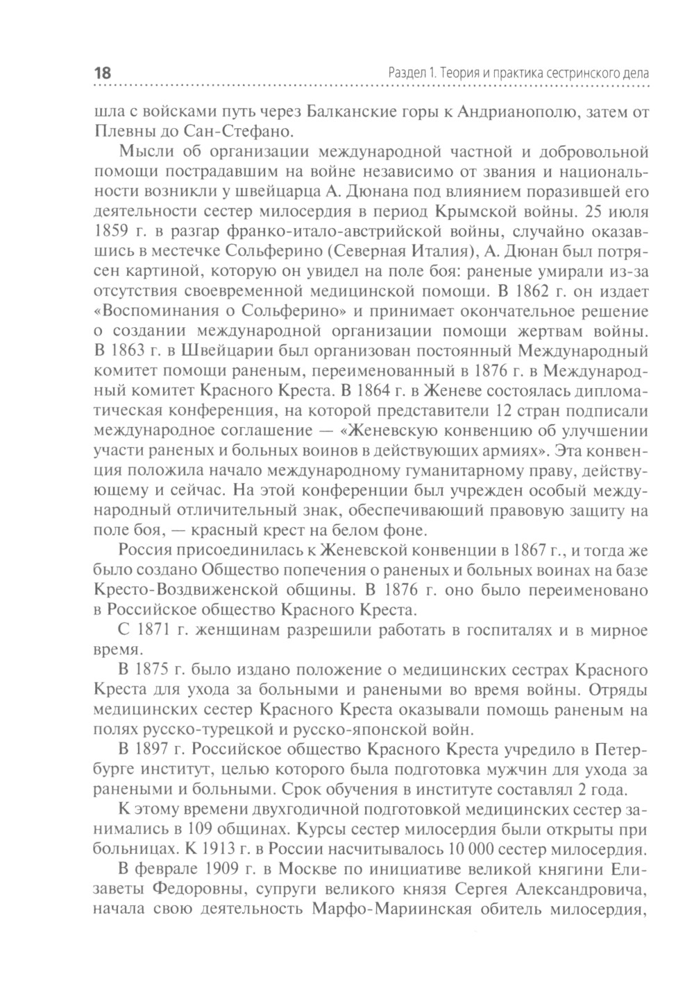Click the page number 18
coord(101,73)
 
